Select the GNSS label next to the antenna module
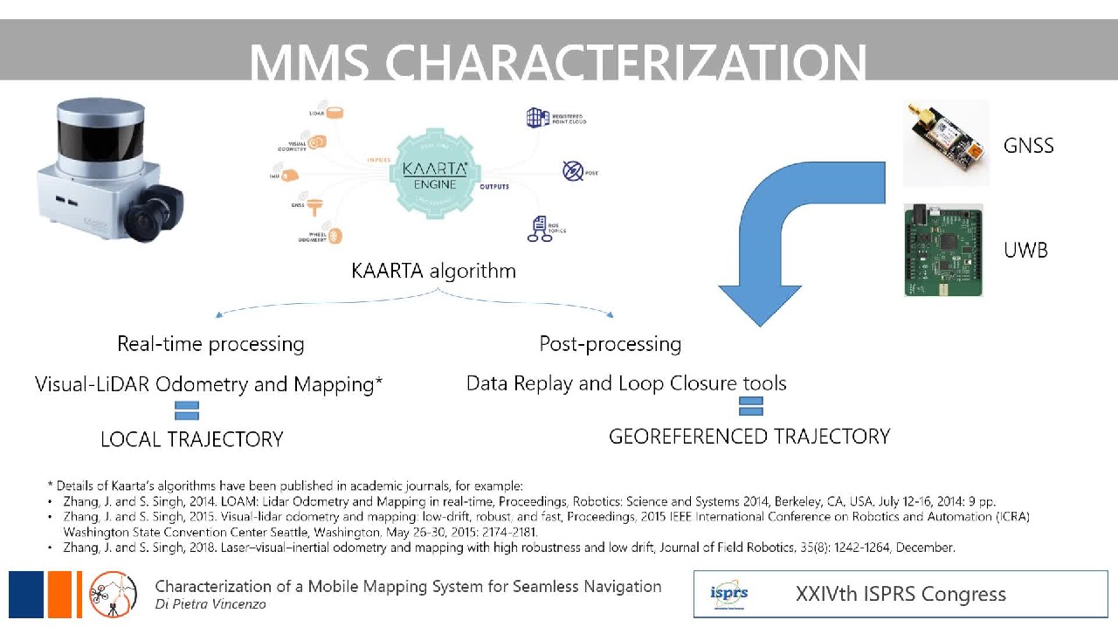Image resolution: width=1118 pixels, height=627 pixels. [1028, 146]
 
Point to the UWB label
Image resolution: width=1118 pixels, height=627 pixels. [1025, 251]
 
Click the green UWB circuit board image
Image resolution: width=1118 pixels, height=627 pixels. [942, 250]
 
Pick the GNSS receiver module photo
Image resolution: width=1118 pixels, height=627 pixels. [945, 142]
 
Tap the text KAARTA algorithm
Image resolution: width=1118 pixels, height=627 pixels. [433, 271]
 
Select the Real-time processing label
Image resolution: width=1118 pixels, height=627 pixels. [210, 344]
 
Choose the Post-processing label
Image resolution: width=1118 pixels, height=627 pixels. [610, 344]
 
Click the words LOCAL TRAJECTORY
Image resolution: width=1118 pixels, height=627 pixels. [192, 439]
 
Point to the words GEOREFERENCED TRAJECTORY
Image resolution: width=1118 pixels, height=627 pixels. [749, 437]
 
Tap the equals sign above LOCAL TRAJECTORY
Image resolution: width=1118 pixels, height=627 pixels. [187, 410]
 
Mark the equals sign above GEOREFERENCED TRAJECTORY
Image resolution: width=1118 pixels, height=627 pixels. [751, 406]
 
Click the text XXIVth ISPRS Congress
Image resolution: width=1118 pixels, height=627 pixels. [901, 595]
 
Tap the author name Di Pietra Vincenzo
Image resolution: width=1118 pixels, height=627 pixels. [210, 604]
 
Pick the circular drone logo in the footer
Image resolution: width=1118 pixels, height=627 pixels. [114, 594]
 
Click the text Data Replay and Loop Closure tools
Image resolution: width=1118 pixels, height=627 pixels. [626, 383]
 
